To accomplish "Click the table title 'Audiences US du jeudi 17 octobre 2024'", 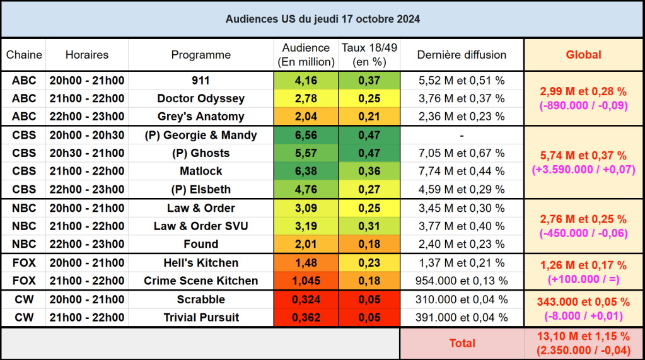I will pyautogui.click(x=322, y=19).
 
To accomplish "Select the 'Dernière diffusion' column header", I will pyautogui.click(x=462, y=55).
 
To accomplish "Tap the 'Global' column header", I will pyautogui.click(x=583, y=55).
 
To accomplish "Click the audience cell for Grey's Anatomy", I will pyautogui.click(x=306, y=117).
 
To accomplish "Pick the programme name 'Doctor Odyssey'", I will pyautogui.click(x=200, y=98).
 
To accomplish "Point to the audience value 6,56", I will pyautogui.click(x=306, y=135).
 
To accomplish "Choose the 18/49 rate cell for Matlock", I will pyautogui.click(x=369, y=171).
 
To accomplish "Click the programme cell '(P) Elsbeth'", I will pyautogui.click(x=200, y=189).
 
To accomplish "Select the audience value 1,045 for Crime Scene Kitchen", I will pyautogui.click(x=306, y=281).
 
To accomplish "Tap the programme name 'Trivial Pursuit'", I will pyautogui.click(x=200, y=318).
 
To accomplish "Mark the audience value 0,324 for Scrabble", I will pyautogui.click(x=306, y=299).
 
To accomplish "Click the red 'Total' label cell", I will pyautogui.click(x=462, y=344).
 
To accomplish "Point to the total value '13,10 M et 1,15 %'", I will pyautogui.click(x=583, y=337).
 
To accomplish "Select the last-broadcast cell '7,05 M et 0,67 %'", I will pyautogui.click(x=462, y=153).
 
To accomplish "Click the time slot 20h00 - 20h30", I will pyautogui.click(x=86, y=135).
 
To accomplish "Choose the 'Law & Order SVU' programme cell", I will pyautogui.click(x=200, y=226).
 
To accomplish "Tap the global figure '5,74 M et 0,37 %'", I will pyautogui.click(x=583, y=156).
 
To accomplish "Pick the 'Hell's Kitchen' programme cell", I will pyautogui.click(x=200, y=263).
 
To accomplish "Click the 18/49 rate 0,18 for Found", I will pyautogui.click(x=369, y=244).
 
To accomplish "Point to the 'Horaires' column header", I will pyautogui.click(x=86, y=55).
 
